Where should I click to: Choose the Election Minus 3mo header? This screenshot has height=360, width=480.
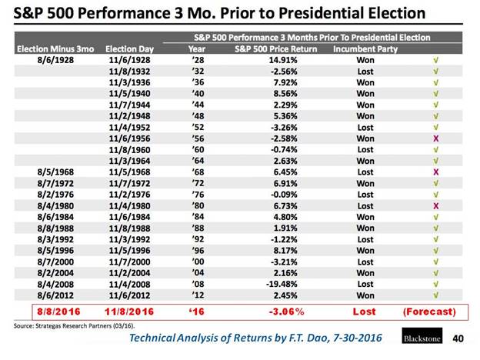[x=50, y=47]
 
